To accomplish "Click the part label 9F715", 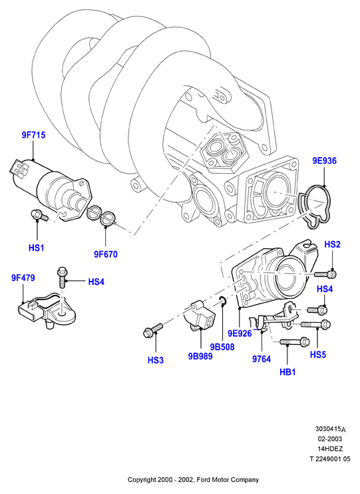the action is (33, 135).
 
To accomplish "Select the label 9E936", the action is (325, 160).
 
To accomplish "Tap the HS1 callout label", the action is (36, 248).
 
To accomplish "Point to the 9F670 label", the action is (106, 254).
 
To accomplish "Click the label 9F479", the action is (23, 278).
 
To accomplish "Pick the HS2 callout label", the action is (333, 244).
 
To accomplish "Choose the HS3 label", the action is (156, 360).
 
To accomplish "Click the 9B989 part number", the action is (200, 356).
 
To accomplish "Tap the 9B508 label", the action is (222, 347).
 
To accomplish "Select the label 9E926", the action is (240, 334).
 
